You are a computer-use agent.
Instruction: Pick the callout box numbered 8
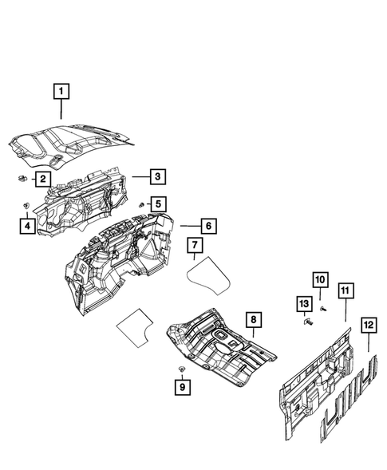(252, 321)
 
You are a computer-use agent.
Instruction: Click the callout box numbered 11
(345, 290)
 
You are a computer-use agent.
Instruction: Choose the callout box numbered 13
(303, 303)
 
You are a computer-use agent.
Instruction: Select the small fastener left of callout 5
(140, 205)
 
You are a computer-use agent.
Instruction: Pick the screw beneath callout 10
(323, 307)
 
